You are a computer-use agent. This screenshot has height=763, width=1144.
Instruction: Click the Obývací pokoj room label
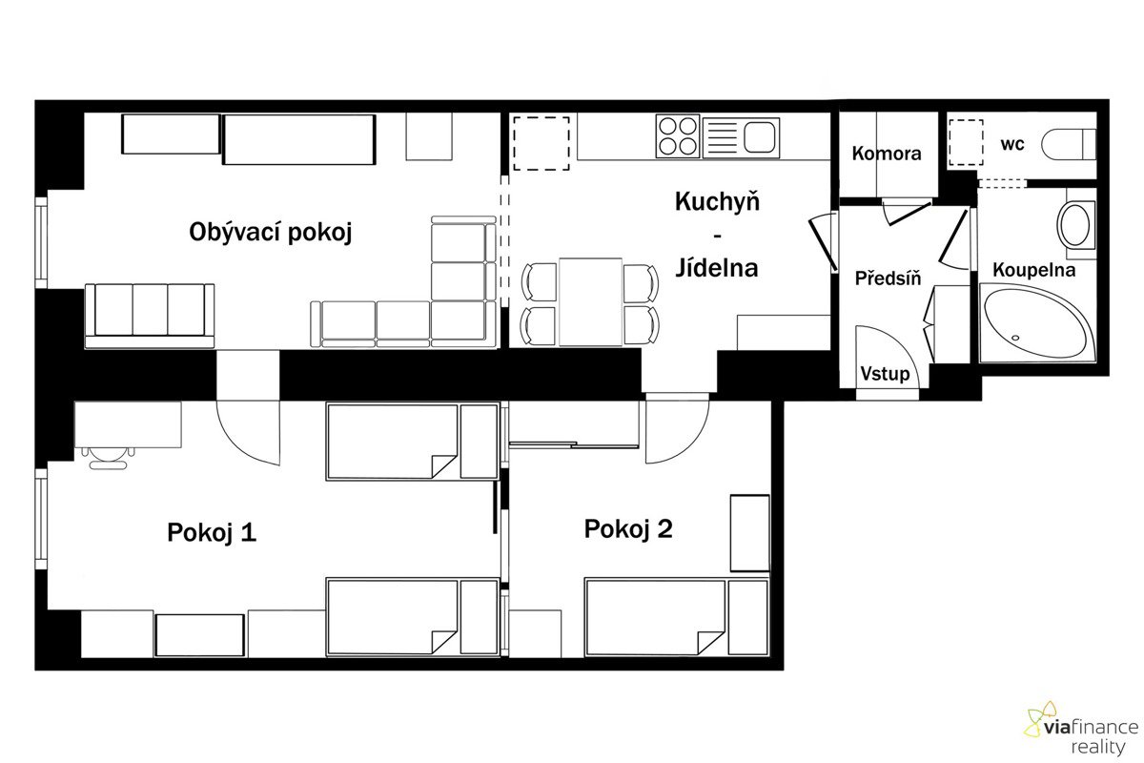pos(271,232)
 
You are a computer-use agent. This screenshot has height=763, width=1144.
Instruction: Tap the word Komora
pos(887,154)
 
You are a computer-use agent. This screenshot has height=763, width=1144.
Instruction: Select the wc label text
pos(1012,144)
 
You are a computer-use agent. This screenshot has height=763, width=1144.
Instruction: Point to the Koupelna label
pos(1033,269)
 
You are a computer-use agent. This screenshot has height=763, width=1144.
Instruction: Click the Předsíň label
pos(888,278)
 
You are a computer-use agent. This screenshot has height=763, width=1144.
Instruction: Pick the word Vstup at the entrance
pos(885,374)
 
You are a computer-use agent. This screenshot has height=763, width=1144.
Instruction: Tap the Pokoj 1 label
pos(212,532)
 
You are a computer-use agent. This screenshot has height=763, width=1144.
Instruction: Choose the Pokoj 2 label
pos(628,528)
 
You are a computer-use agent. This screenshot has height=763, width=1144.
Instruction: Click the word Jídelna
pos(717,268)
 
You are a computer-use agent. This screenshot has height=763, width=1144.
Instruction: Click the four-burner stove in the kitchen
pos(678,136)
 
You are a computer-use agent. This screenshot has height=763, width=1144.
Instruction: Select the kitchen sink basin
pos(760,137)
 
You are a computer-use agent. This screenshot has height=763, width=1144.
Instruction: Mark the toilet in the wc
pos(1069,144)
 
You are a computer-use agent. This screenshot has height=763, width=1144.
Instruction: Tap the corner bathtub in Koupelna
pos(1037,323)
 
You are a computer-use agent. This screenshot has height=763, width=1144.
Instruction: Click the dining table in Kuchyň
pos(590,302)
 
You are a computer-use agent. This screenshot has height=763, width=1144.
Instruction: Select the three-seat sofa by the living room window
pos(149,317)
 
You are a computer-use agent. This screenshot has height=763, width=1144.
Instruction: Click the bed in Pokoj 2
pos(677,617)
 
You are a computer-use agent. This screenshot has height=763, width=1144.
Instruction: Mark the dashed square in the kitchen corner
pos(541,143)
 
